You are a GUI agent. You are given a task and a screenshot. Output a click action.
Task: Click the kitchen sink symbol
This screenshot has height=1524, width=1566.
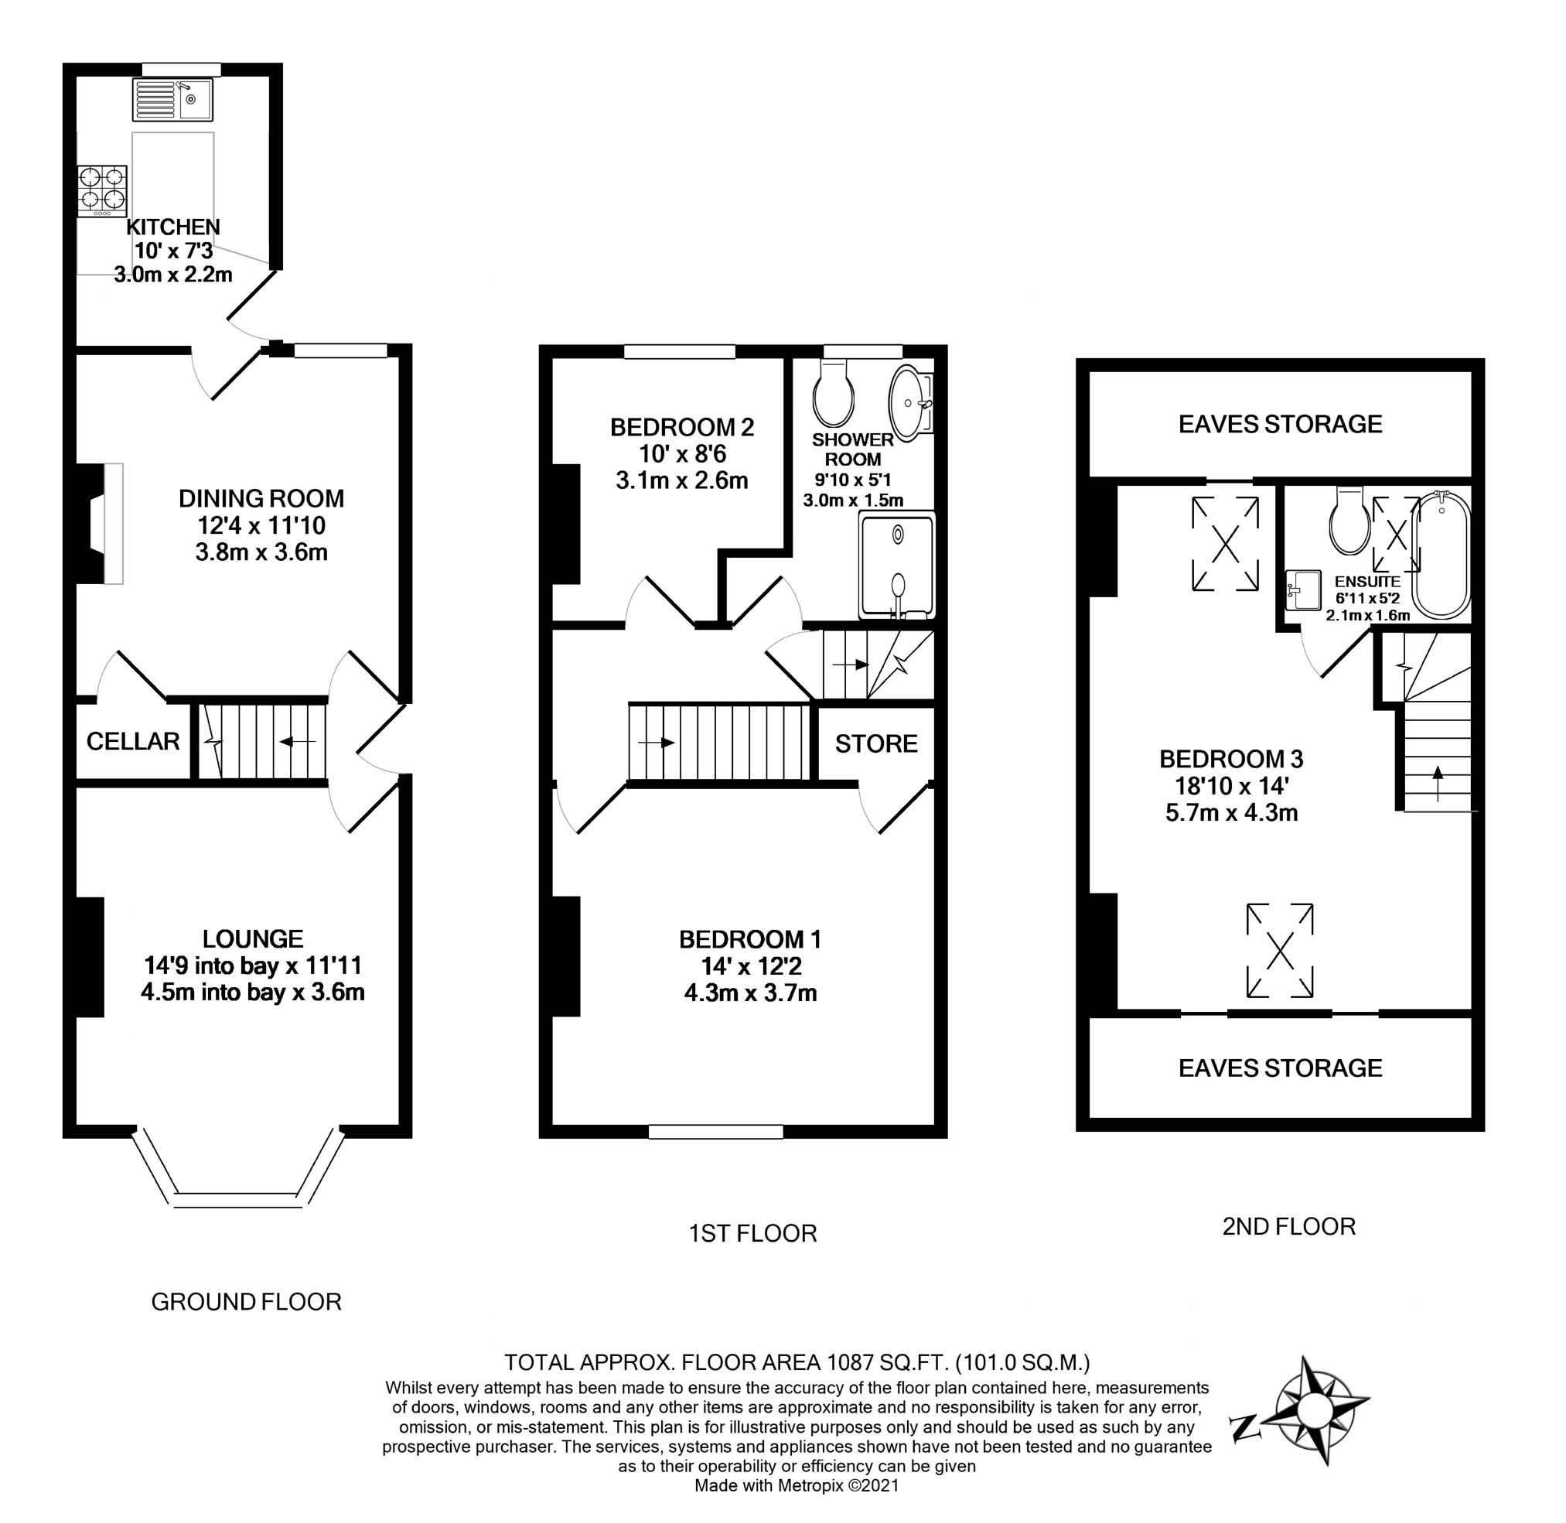(173, 99)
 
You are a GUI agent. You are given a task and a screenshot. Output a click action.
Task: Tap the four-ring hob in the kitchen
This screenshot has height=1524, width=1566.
(102, 190)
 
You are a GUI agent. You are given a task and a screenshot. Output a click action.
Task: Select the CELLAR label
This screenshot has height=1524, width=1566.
(133, 741)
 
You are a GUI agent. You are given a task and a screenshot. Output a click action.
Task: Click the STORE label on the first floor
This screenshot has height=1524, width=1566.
(876, 743)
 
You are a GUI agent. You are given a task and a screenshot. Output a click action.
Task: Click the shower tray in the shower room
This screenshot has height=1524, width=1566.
(896, 566)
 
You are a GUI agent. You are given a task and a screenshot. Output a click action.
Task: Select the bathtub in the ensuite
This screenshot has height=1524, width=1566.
(1441, 554)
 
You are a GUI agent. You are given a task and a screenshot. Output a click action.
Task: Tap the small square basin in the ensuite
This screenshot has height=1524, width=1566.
(1304, 590)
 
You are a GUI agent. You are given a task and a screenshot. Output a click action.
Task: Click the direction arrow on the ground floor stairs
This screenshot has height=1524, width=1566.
(296, 742)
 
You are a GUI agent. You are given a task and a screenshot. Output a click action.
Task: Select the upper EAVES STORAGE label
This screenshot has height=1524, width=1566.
(1280, 423)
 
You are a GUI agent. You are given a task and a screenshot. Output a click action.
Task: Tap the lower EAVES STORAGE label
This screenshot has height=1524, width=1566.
(1280, 1068)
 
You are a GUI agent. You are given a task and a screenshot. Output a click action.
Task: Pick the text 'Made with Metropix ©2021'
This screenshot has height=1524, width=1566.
(797, 1485)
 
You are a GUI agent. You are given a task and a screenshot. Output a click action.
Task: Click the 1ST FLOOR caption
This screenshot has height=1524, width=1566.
(753, 1233)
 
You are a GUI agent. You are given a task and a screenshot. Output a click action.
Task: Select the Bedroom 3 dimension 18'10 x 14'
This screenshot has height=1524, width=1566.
(1230, 785)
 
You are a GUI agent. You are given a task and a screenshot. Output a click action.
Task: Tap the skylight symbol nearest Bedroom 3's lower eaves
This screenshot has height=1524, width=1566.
(1280, 951)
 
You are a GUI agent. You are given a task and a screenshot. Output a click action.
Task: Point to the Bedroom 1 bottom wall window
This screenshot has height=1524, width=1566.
(715, 1132)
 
